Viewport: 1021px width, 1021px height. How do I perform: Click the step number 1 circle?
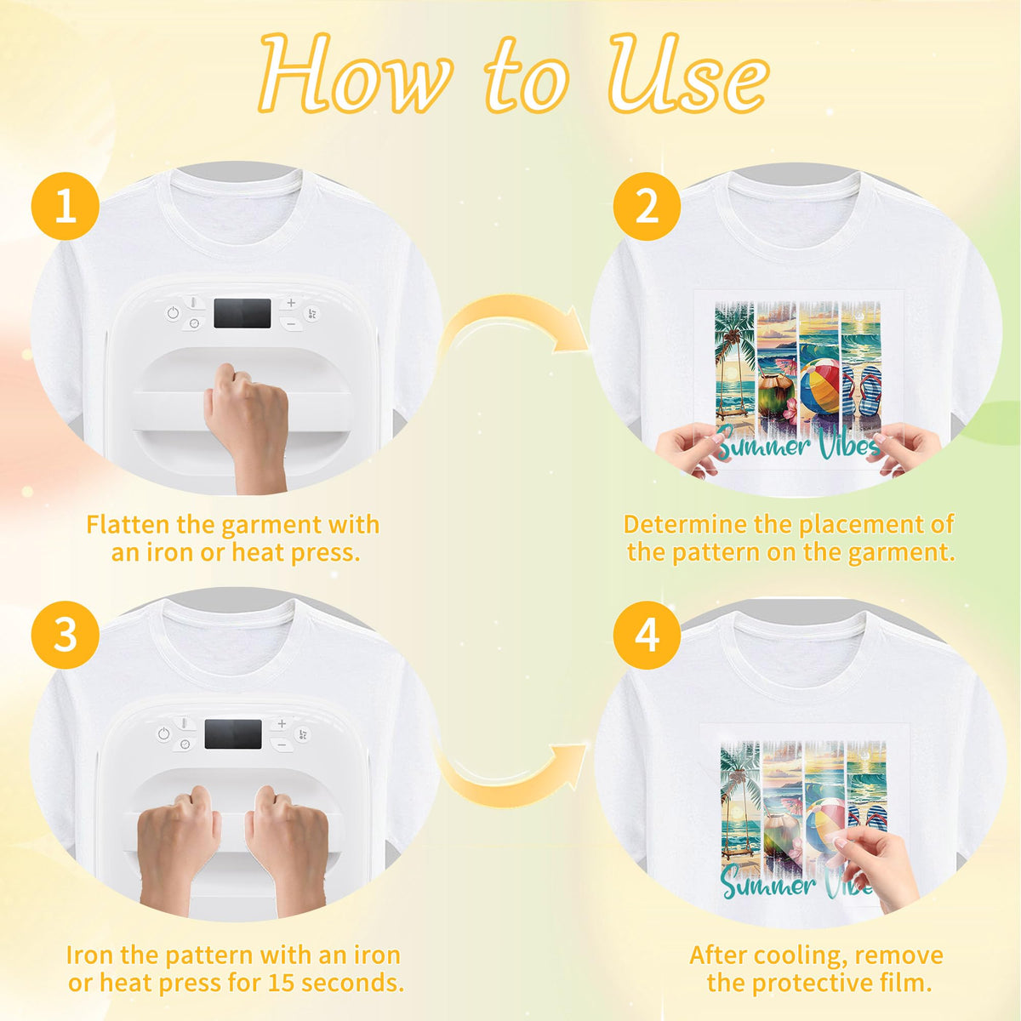tap(66, 206)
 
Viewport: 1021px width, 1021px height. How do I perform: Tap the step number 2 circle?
tap(647, 206)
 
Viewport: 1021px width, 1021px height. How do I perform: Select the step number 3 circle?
tap(66, 635)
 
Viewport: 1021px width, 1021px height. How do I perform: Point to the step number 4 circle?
tap(647, 635)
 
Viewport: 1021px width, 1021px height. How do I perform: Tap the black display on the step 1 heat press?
tap(242, 313)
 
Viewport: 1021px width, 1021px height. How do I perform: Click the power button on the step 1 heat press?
tap(173, 313)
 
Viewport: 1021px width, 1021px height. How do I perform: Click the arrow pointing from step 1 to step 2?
tap(514, 328)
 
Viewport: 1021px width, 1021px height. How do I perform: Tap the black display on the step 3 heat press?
tap(233, 733)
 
